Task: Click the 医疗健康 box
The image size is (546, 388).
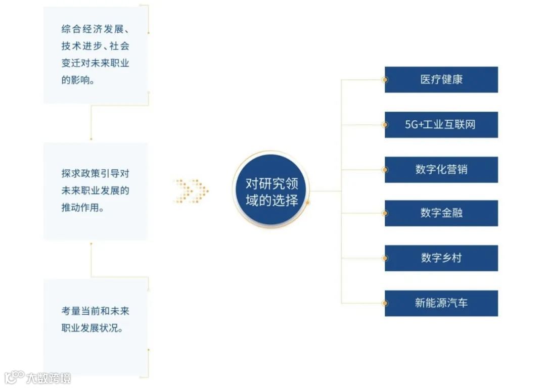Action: click(x=441, y=79)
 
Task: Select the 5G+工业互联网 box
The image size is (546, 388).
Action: click(x=441, y=124)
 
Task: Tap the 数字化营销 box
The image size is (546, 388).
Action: click(x=441, y=169)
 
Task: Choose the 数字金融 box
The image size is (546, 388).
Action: click(x=441, y=213)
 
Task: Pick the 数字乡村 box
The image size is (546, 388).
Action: click(x=441, y=258)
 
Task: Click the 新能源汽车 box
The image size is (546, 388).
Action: click(x=441, y=303)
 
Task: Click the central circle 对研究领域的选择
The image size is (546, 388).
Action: click(x=271, y=191)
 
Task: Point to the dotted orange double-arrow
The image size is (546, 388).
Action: click(x=191, y=191)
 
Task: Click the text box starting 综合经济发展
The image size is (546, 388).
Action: click(x=96, y=55)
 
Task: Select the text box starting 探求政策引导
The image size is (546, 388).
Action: click(x=96, y=191)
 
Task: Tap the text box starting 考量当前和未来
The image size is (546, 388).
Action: click(x=96, y=327)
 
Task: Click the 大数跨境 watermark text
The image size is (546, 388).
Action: click(x=49, y=378)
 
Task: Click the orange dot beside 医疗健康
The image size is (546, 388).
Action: click(x=385, y=79)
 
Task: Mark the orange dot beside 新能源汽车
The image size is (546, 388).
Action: click(x=385, y=303)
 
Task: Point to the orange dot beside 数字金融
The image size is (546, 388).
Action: click(x=385, y=213)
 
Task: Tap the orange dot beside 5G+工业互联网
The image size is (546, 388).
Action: click(x=385, y=124)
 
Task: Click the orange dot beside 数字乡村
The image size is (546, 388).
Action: click(x=385, y=258)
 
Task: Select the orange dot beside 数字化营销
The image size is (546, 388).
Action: click(x=385, y=169)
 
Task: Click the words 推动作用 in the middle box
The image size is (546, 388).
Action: click(x=79, y=208)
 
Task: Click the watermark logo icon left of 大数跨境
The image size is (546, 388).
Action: click(x=14, y=377)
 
